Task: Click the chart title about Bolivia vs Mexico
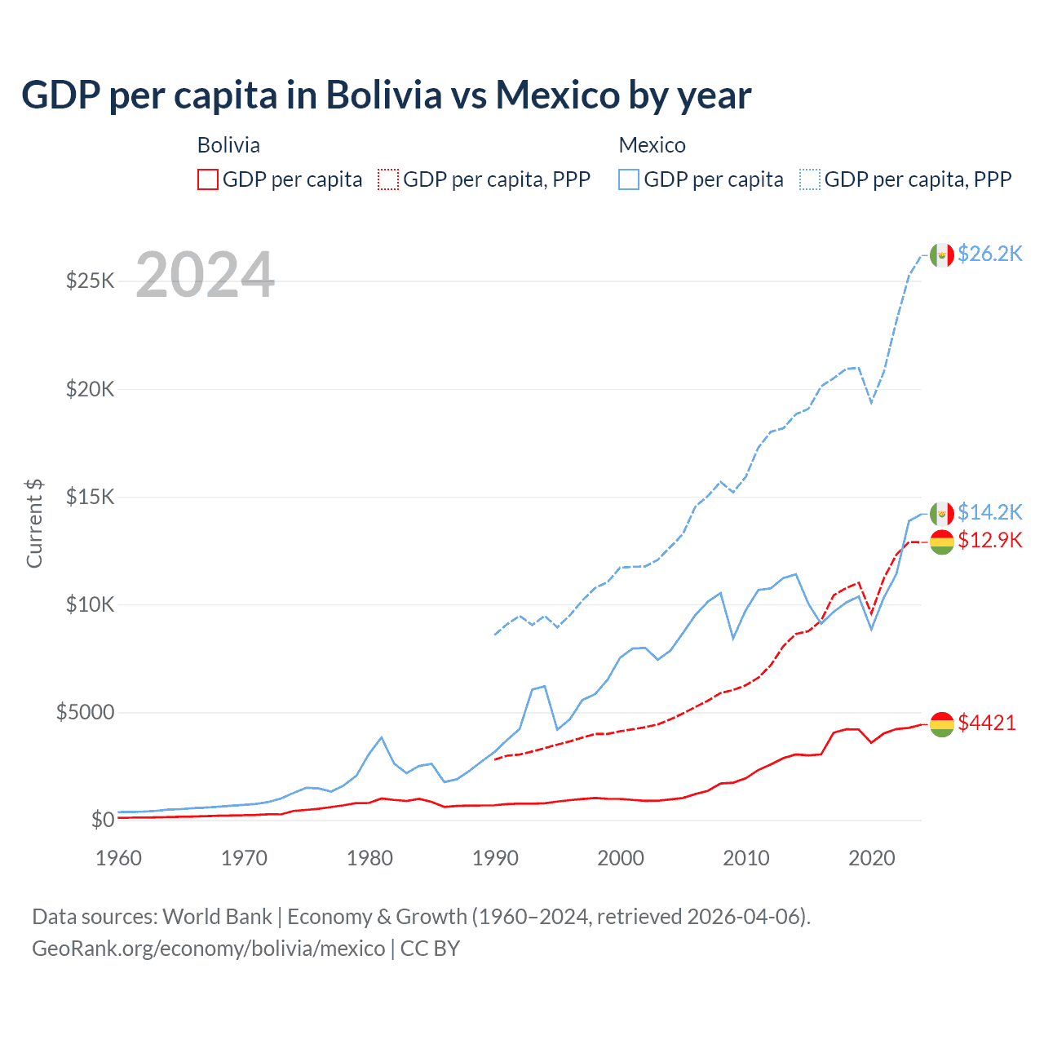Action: coord(386,95)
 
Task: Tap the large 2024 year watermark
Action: coord(205,276)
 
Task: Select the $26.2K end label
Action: coord(989,254)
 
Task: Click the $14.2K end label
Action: coord(989,512)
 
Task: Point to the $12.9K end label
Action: coord(989,540)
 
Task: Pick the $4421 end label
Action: coord(987,723)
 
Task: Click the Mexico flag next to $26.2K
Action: coord(942,254)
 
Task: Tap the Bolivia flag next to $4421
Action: coord(942,723)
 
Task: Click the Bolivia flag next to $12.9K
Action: coord(942,542)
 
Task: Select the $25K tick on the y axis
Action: coord(91,281)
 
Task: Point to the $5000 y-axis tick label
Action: coord(85,712)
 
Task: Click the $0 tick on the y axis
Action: coord(102,820)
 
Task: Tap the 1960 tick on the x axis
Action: coord(118,858)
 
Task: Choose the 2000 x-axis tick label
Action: coord(621,858)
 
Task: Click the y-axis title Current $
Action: coord(34,524)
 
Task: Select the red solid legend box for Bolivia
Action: coord(208,179)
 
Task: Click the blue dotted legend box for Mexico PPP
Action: coord(810,179)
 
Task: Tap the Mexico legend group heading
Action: coord(652,145)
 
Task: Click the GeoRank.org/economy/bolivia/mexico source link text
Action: coord(208,949)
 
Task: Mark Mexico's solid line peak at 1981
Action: coord(381,737)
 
